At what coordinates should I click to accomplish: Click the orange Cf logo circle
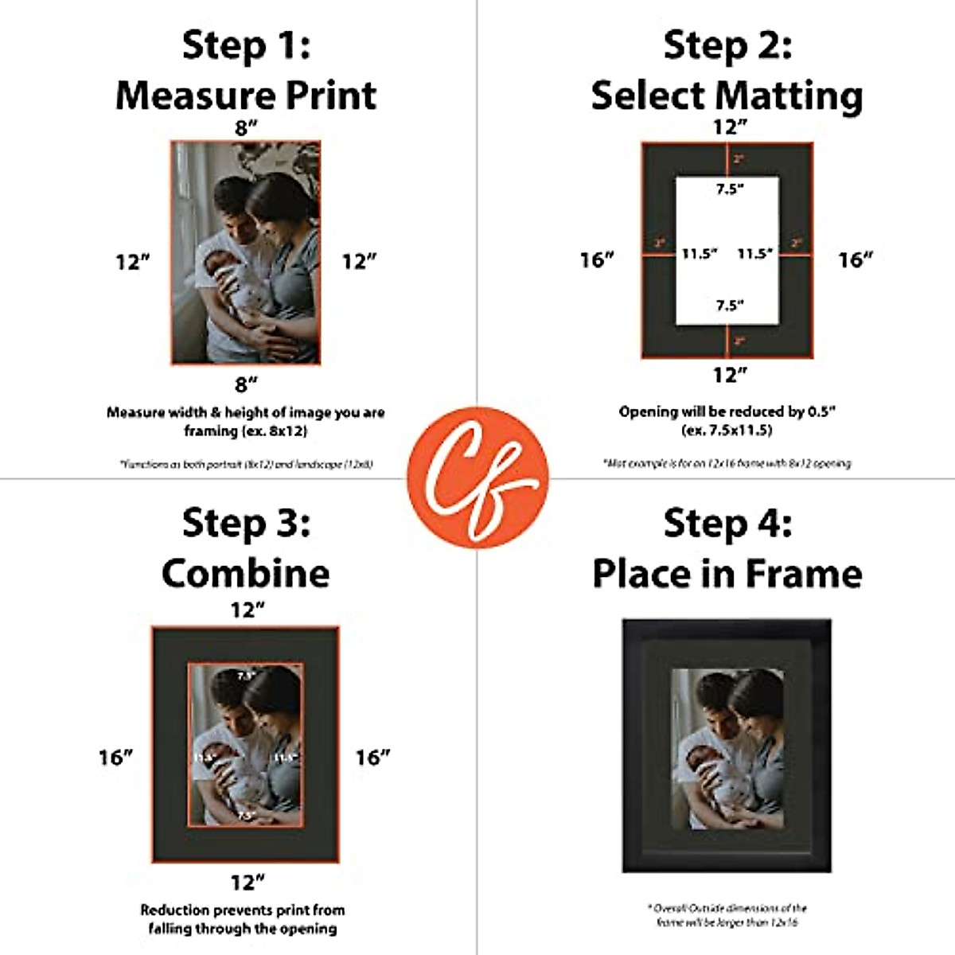tap(477, 477)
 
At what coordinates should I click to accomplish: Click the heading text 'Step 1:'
tap(246, 45)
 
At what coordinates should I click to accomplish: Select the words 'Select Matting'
tap(727, 96)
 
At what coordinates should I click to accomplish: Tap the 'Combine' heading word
tap(246, 573)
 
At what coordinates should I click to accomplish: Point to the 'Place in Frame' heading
tap(727, 573)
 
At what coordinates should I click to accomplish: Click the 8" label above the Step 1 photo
tap(246, 128)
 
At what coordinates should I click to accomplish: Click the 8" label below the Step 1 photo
tap(246, 384)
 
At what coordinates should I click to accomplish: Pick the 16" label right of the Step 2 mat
tap(856, 259)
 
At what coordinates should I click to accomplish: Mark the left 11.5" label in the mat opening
tap(700, 254)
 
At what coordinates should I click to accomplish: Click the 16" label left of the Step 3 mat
tap(115, 757)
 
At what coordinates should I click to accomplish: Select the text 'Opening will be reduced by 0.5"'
tap(727, 411)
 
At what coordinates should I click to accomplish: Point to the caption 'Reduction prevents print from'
tap(243, 910)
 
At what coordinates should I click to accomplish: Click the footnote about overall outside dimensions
tap(727, 914)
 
